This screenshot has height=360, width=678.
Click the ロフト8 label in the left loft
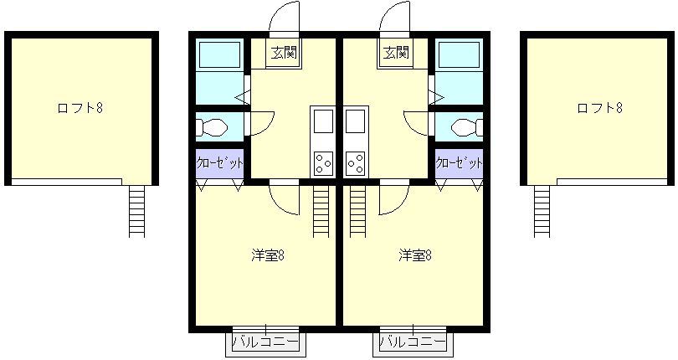tap(80, 108)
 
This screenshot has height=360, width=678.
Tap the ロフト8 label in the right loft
tap(599, 108)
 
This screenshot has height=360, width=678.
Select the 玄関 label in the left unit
tap(284, 53)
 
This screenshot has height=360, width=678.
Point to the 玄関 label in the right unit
tap(396, 53)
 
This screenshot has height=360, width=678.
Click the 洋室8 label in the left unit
tap(268, 255)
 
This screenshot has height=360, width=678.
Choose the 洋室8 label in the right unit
tap(415, 255)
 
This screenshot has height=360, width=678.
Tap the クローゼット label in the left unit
tap(219, 163)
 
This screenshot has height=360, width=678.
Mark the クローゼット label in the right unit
tap(459, 163)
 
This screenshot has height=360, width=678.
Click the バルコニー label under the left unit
tap(265, 342)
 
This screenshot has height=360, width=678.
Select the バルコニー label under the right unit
tap(413, 342)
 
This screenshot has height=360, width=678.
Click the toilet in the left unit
tap(212, 127)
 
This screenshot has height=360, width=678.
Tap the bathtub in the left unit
tap(219, 54)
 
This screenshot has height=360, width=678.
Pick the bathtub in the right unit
tap(460, 54)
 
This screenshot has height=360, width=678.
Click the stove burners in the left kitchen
tap(323, 163)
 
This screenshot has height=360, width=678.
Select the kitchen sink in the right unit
tap(355, 121)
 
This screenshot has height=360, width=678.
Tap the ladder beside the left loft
tap(137, 211)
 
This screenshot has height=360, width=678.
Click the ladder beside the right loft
tap(542, 211)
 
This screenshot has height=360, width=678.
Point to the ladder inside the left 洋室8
tap(321, 211)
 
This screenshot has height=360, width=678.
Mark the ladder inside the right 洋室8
tap(357, 211)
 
